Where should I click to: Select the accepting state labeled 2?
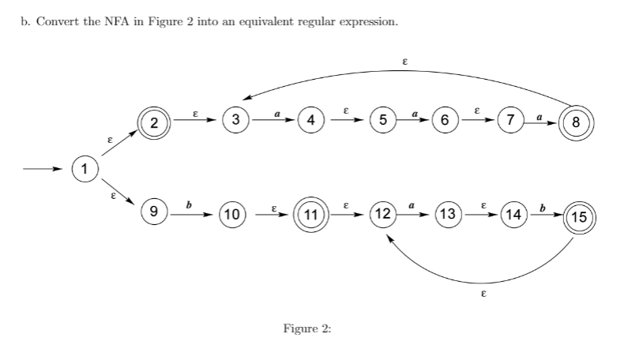155,122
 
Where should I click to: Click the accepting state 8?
575,122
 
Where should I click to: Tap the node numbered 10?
233,214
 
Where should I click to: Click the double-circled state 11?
310,214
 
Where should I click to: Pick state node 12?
383,214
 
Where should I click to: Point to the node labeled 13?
447,214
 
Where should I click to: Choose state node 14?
513,214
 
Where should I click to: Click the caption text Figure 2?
306,328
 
